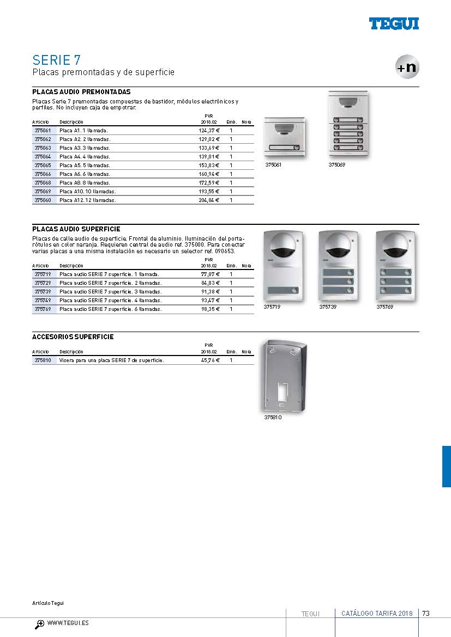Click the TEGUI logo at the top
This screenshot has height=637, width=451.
point(394,23)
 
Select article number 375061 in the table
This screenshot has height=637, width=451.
point(43,131)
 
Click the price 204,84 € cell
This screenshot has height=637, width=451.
point(209,200)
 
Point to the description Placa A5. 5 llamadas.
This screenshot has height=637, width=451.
point(85,166)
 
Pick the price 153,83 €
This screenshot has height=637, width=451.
point(209,166)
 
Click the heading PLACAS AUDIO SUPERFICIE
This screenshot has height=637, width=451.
point(76,229)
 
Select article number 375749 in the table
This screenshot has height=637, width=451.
point(43,301)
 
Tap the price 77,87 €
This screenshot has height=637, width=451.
point(210,274)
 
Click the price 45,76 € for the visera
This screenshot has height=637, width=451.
point(210,360)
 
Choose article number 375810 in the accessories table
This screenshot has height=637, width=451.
point(43,360)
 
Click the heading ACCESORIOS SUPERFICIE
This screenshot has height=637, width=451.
point(73,337)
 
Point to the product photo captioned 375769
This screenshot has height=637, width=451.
point(394,266)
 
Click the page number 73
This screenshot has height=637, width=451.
point(426,614)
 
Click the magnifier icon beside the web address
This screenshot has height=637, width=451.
point(40,624)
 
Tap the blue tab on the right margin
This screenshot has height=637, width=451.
point(446,466)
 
